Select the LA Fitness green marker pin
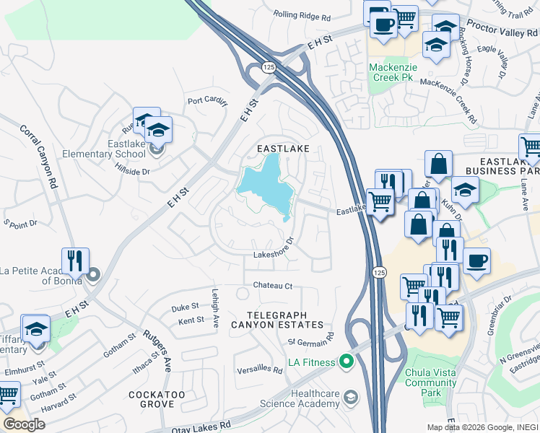346,362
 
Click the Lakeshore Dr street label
274,253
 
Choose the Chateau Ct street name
272,286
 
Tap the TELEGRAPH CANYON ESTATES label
276,320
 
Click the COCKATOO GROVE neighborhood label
157,401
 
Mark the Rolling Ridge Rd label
302,15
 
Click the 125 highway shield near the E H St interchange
269,67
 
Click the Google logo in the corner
24,424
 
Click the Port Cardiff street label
207,101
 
